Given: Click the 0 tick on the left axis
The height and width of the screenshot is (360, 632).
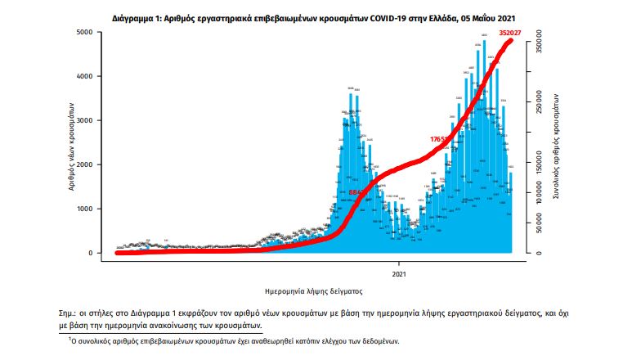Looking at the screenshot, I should coord(97,253).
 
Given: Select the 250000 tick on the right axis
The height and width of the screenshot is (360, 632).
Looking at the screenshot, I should coord(540,104).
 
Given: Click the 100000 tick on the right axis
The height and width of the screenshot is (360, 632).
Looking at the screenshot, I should coord(540,193).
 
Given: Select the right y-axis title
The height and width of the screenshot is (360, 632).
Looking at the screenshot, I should coord(556,143).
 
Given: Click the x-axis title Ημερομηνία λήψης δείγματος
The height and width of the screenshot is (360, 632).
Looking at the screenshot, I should coord(314,290).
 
